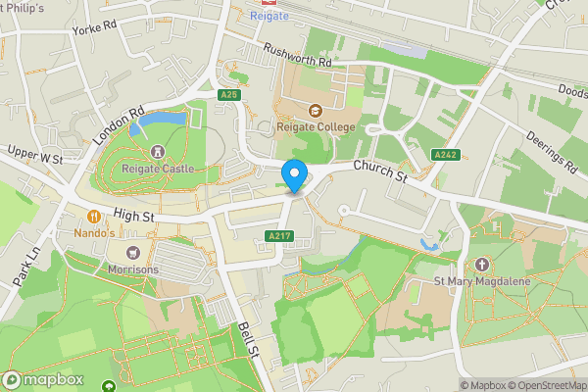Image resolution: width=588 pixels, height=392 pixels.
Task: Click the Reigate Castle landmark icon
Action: point(157,152)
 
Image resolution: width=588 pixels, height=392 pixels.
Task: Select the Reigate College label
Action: point(316,126)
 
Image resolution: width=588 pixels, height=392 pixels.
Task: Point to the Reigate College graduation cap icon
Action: point(316,110)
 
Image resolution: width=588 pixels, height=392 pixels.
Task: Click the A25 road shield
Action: point(229,95)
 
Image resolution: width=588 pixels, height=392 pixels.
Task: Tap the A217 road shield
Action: point(277,236)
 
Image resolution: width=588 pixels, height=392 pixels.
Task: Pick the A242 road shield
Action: point(446,154)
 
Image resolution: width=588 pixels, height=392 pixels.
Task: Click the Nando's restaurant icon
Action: point(94,217)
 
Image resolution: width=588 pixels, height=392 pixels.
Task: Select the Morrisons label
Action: point(132,269)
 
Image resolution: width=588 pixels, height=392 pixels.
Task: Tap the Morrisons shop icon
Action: point(132,253)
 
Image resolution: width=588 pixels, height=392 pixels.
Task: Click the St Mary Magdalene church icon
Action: point(481,265)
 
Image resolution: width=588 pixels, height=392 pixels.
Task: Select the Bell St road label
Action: point(246,338)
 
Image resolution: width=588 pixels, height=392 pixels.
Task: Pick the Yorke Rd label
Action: point(94,28)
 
